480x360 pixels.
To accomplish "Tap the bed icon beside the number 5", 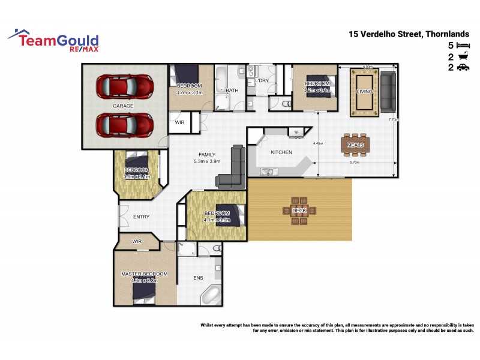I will click(x=463, y=46).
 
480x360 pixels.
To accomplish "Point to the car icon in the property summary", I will click(x=463, y=68).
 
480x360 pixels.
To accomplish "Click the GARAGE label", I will click(x=123, y=106).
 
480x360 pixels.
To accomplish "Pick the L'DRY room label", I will click(x=262, y=80).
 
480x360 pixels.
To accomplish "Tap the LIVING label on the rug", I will click(x=364, y=91).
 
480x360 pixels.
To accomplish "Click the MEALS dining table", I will click(x=355, y=145).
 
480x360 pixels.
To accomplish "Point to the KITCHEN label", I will click(x=281, y=152).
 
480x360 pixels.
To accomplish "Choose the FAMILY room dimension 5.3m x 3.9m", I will click(x=207, y=161).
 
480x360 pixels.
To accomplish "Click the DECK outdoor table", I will click(x=299, y=211).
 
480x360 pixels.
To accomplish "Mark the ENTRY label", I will click(x=141, y=217).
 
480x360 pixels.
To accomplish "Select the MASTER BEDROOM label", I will click(x=144, y=274).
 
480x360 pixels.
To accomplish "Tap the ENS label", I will click(x=199, y=278).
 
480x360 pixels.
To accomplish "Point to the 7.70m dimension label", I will click(x=393, y=120).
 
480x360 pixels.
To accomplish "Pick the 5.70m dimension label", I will click(x=354, y=163).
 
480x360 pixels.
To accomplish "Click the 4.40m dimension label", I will click(x=318, y=143).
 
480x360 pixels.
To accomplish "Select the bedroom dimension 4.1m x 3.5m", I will click(x=217, y=220).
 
